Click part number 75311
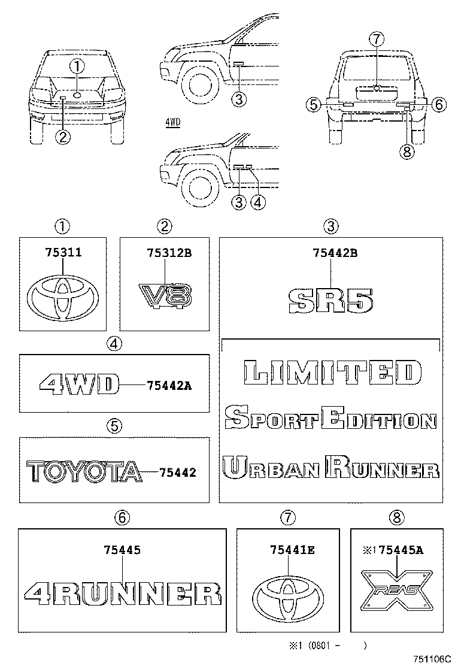(x=63, y=253)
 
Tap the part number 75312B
(x=169, y=253)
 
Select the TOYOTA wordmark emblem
(x=84, y=472)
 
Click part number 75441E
(x=292, y=549)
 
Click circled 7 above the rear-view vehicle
(x=375, y=40)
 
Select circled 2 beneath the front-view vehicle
(x=63, y=137)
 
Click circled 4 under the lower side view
(x=258, y=202)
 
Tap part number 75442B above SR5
(x=335, y=253)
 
